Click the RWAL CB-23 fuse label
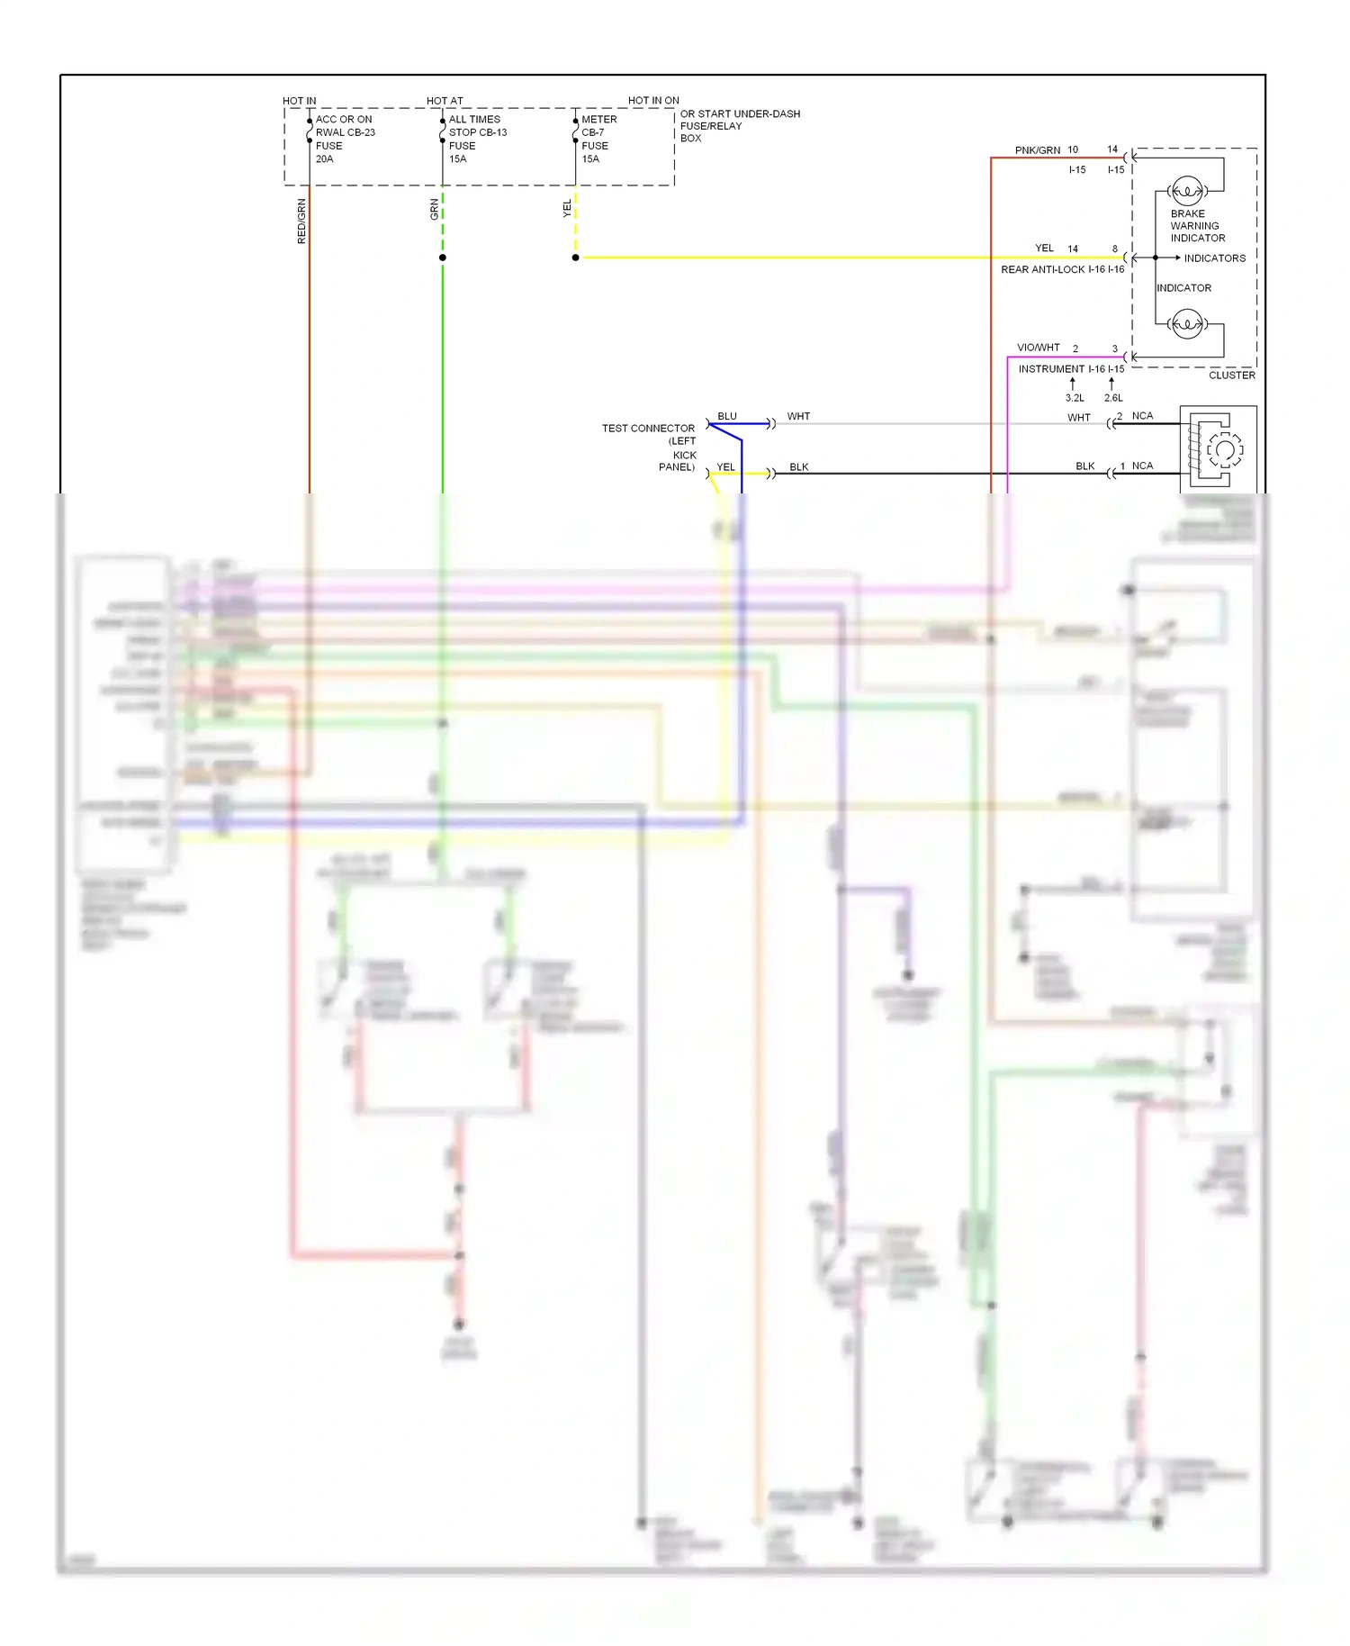345,132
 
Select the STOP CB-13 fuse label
477,132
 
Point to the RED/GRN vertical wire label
301,222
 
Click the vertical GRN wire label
435,210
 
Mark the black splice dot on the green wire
443,258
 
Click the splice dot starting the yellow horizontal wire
576,258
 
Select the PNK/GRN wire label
1037,150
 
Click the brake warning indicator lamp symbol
1187,191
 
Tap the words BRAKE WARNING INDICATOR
1197,226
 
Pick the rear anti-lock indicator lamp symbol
1187,323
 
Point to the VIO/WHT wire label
1038,348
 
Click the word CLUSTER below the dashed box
1231,375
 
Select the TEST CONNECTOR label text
648,429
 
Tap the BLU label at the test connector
727,416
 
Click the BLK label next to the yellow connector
798,467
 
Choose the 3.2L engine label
1075,398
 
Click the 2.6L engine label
1113,398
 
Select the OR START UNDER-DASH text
740,114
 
